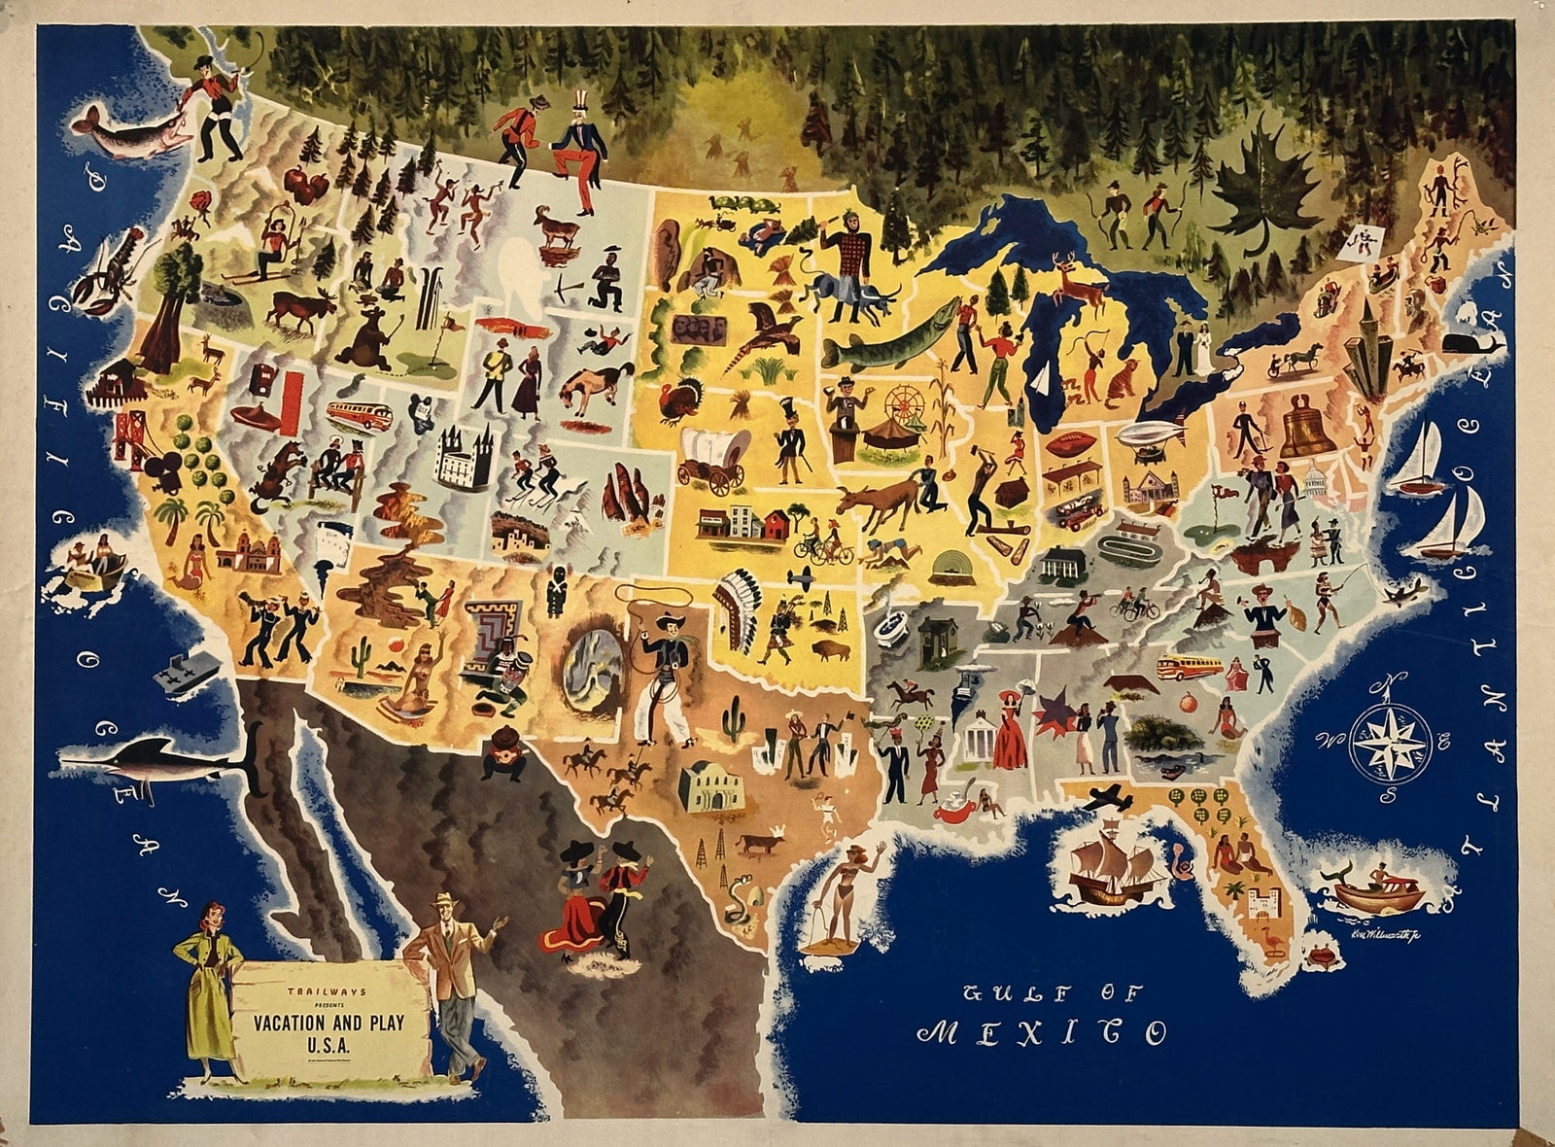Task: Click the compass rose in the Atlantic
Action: (1392, 742)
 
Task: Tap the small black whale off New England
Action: (1461, 343)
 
